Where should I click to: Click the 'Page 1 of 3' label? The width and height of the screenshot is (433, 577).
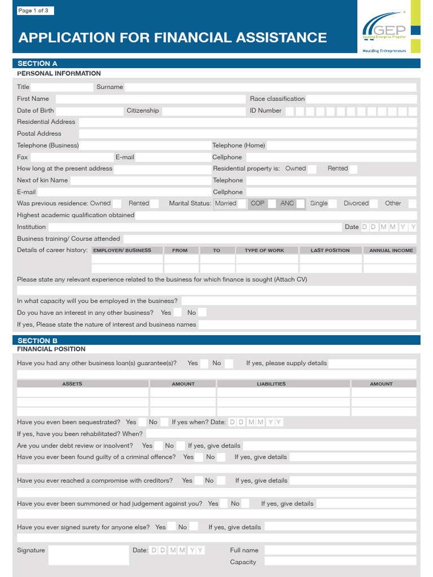[x=33, y=11]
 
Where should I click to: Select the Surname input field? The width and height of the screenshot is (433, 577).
[x=270, y=87]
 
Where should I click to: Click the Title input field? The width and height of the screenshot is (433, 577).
[x=61, y=87]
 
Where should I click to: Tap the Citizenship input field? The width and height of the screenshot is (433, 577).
[x=203, y=111]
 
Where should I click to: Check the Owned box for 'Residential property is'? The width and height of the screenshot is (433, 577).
[x=312, y=169]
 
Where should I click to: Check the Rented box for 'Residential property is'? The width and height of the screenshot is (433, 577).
[x=354, y=169]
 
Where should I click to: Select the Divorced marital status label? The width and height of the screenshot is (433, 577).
[x=356, y=203]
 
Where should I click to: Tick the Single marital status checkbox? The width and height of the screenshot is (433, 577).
[x=333, y=203]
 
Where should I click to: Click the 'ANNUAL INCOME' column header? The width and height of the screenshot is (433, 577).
[x=391, y=250]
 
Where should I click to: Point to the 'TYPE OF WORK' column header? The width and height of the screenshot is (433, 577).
[x=264, y=250]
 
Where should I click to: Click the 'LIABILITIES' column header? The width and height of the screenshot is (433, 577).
[x=271, y=384]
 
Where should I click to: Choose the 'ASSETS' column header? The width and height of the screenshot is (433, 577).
[x=72, y=384]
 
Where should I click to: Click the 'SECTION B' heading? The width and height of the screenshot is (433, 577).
[x=38, y=341]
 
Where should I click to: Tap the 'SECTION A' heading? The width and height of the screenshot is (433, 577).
[x=38, y=64]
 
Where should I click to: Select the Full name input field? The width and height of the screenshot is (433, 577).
[x=340, y=551]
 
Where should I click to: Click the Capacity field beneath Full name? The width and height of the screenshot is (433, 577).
[x=340, y=562]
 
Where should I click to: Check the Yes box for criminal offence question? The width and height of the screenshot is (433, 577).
[x=198, y=458]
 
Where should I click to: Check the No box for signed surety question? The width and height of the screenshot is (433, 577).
[x=194, y=527]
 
